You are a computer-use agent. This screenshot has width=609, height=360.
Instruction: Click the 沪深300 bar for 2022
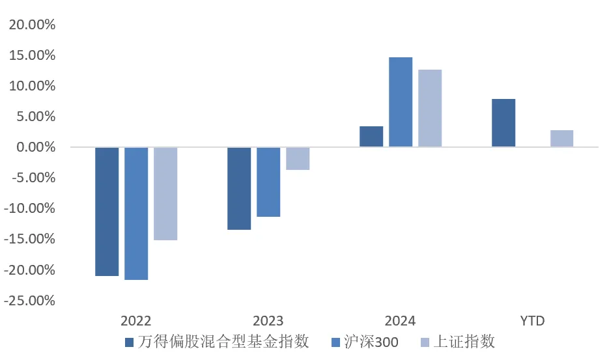[136, 214]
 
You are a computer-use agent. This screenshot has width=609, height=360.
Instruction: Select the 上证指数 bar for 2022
[165, 193]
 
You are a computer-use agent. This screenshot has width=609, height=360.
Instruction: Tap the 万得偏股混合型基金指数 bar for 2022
[107, 212]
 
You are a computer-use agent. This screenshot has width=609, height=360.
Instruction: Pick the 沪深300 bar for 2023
[268, 182]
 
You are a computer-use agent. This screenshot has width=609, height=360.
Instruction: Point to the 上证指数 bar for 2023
[298, 158]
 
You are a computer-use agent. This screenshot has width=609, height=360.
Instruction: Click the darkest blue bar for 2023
[239, 188]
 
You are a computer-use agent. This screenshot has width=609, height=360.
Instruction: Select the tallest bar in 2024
[401, 102]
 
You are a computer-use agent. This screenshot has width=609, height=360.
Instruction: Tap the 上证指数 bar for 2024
[430, 108]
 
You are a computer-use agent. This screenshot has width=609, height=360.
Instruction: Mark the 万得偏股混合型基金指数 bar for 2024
[371, 137]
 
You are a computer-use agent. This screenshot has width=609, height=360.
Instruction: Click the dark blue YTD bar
[503, 123]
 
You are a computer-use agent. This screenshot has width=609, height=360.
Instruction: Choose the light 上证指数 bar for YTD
[561, 139]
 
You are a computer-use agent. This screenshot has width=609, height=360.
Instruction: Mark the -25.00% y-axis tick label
[30, 301]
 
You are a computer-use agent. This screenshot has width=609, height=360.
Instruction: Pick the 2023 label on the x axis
[268, 321]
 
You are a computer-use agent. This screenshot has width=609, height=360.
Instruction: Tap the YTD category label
[532, 321]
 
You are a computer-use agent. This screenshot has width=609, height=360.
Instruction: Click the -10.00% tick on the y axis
[30, 209]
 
